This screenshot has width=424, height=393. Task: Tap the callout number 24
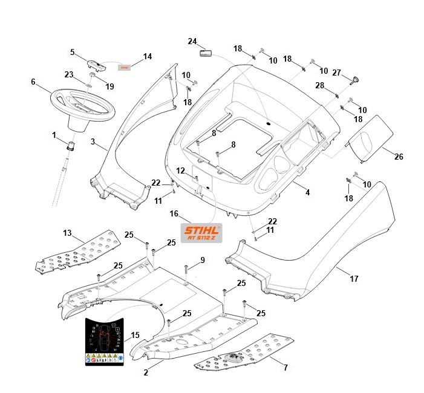point(192,42)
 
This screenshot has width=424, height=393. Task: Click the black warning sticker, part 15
point(105,341)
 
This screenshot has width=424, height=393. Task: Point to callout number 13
point(67,233)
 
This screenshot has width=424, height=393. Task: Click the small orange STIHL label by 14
point(124,68)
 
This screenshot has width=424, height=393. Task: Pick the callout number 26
point(398,157)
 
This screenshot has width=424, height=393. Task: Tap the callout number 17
point(354,279)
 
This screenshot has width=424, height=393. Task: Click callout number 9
point(203,260)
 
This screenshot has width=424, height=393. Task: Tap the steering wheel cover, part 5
point(96,63)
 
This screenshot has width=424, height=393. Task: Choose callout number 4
point(307,193)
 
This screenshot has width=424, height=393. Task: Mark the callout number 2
point(146,373)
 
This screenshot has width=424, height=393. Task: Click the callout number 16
point(174,213)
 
